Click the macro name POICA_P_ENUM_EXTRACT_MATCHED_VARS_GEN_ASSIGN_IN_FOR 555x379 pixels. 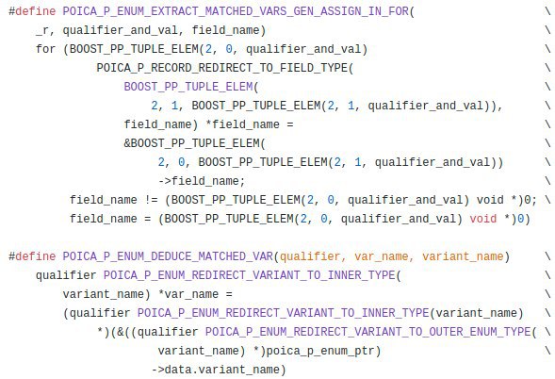236,11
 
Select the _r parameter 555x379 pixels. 42,31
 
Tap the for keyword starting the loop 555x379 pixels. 45,49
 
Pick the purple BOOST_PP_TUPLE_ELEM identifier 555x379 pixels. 188,87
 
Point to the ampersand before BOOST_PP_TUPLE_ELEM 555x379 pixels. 127,143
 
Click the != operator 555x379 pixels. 151,200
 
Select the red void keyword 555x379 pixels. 483,219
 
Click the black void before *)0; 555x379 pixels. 490,200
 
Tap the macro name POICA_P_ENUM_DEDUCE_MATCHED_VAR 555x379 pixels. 168,256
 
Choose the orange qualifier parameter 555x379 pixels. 310,256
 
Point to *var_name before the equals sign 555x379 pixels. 188,294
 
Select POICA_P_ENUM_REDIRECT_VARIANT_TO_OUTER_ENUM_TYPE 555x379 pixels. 368,332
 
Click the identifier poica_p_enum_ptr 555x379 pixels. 320,351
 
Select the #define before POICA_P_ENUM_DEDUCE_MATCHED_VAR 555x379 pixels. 32,256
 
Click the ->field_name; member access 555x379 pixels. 202,181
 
